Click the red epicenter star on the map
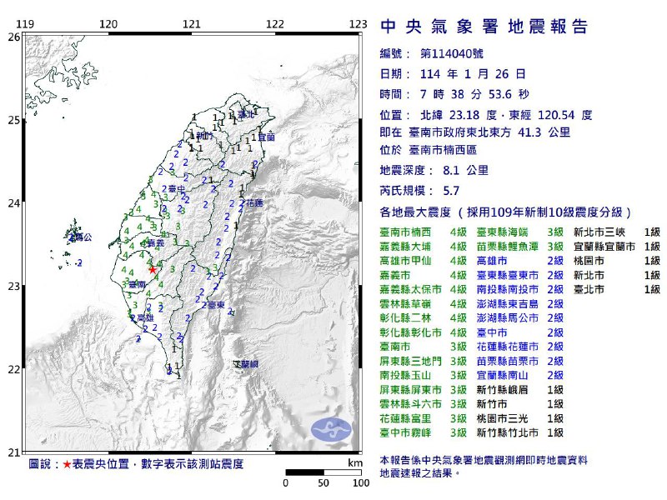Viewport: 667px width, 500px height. [x=152, y=269]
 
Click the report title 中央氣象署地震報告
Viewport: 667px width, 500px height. [x=484, y=27]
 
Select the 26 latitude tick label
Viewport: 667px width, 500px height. [x=13, y=37]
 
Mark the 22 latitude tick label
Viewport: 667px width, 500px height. [x=13, y=369]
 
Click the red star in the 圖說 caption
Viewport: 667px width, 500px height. [x=67, y=463]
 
